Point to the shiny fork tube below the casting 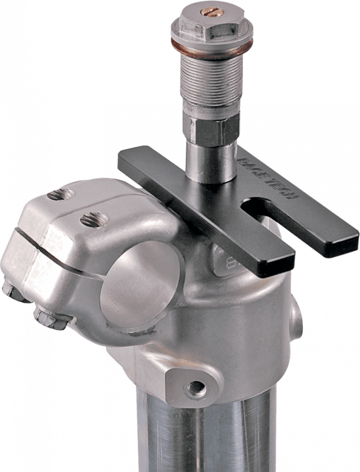click(203, 434)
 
